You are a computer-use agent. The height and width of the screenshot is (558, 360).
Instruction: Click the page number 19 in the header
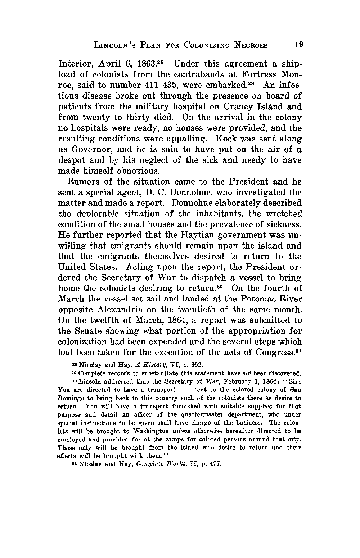point(299,45)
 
